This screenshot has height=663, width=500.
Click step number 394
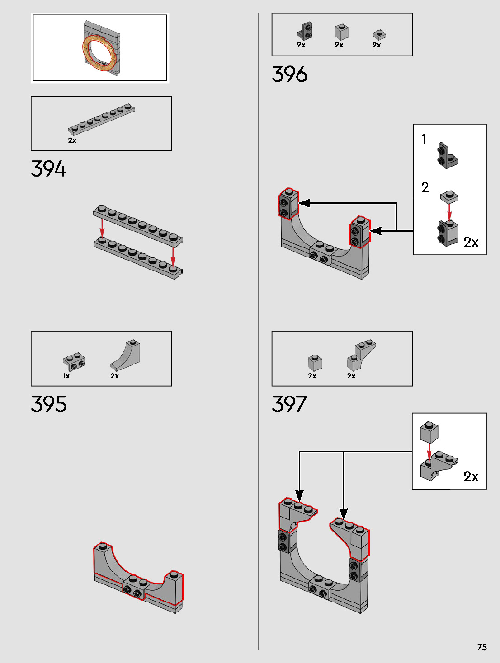(x=49, y=169)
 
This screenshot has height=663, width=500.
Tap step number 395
(x=49, y=404)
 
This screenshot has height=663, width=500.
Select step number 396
(x=289, y=75)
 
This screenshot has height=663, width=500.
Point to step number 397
(x=289, y=404)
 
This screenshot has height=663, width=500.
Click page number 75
(x=482, y=647)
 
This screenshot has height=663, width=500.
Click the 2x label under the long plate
(x=72, y=140)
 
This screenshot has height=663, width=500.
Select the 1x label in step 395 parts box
(x=66, y=376)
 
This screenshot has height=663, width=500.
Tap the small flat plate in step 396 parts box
(x=379, y=35)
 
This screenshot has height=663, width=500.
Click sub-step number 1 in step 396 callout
(x=424, y=139)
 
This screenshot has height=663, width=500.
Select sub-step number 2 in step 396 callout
(x=425, y=187)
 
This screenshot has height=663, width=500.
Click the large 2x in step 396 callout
(x=471, y=243)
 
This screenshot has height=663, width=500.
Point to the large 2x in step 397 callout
(x=471, y=476)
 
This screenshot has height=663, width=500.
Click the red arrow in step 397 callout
(x=429, y=452)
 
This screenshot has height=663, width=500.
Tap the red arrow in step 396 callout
(x=449, y=211)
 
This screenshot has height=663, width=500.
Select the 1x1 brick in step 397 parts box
(x=315, y=362)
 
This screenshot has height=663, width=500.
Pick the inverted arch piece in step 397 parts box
(x=362, y=355)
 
